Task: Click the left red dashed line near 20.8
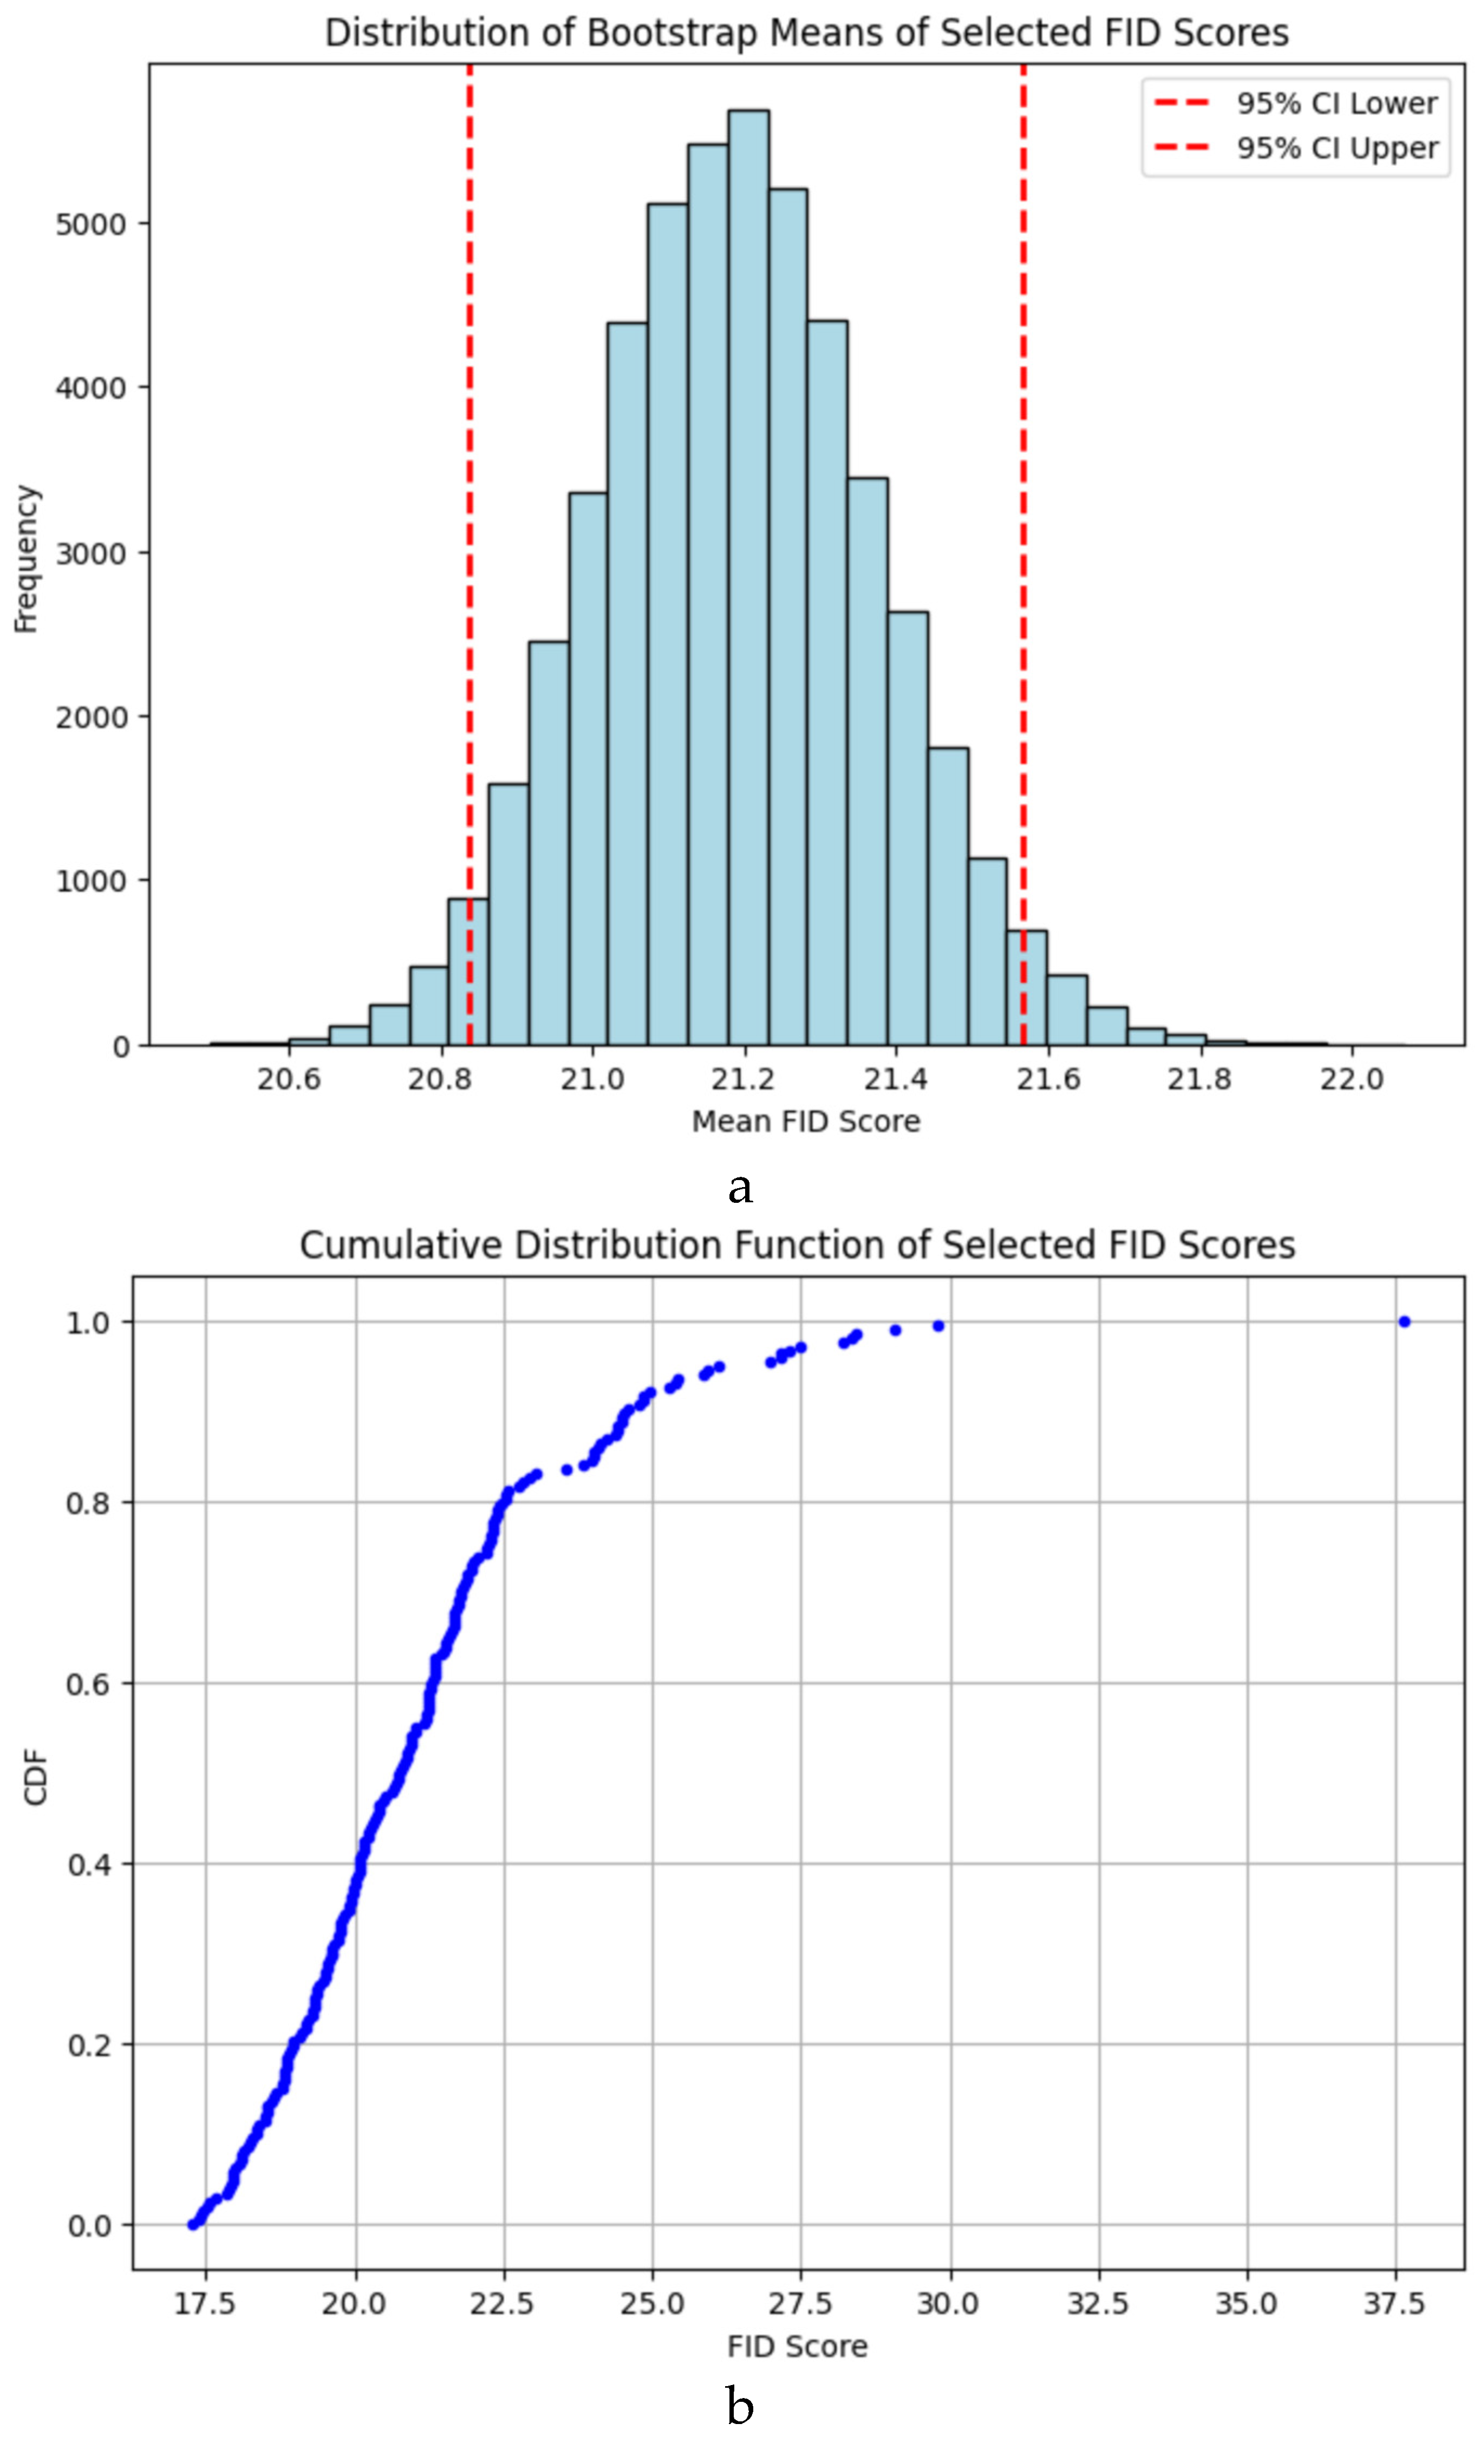(x=470, y=496)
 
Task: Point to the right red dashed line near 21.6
(x=1023, y=496)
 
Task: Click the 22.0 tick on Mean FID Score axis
(x=1350, y=1079)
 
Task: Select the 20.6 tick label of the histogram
(x=289, y=1079)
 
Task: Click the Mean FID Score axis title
(x=805, y=1122)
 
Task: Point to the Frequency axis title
(x=26, y=558)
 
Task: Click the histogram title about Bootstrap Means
(x=806, y=32)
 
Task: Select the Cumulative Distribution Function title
(x=797, y=1245)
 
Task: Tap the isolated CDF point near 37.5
(x=1404, y=1321)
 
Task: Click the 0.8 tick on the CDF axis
(x=91, y=1503)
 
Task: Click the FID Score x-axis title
(x=797, y=2346)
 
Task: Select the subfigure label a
(x=740, y=1187)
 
